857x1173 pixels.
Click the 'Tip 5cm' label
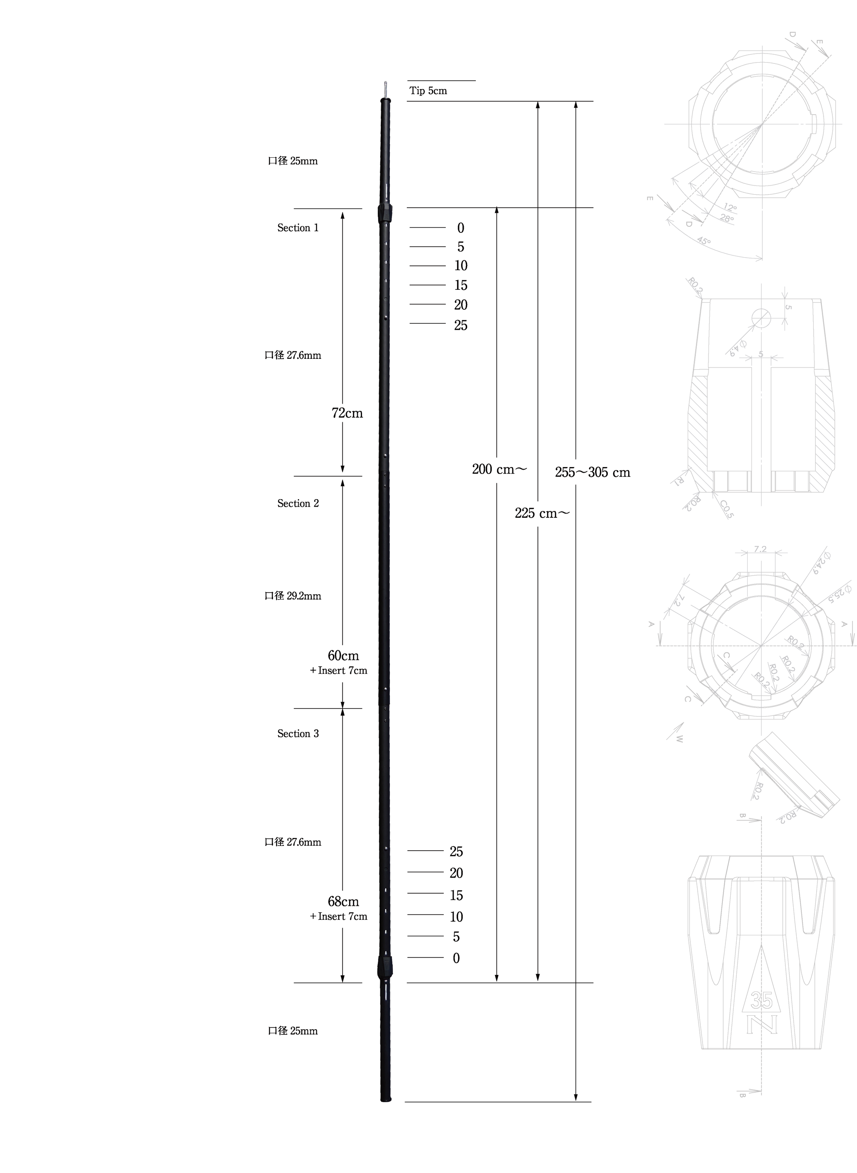pos(428,91)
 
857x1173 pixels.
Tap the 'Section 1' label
pos(298,228)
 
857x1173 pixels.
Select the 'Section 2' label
pos(298,504)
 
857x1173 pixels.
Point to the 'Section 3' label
pos(298,734)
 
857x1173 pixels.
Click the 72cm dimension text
pos(347,414)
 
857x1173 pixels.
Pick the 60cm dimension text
pos(343,656)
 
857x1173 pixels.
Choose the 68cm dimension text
pos(343,902)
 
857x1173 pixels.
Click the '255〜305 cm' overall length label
pos(593,473)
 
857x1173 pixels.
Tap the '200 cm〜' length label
pos(499,470)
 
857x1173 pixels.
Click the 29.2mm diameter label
pos(293,596)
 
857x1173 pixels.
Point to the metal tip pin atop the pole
pos(385,89)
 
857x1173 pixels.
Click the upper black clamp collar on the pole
pos(385,213)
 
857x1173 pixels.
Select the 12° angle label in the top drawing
pos(730,207)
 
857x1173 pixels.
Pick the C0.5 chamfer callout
pos(726,509)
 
